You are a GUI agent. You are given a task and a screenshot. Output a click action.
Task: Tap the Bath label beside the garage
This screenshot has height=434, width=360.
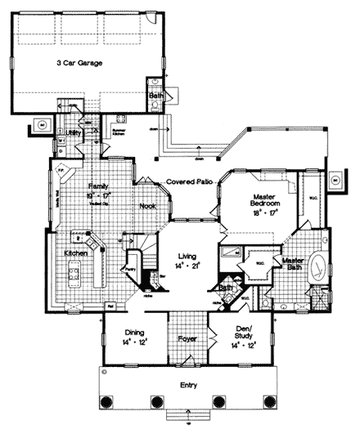click(x=155, y=96)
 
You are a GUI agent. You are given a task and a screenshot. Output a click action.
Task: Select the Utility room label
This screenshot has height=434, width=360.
click(x=73, y=132)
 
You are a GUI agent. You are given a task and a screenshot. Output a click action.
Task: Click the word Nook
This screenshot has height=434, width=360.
click(x=147, y=207)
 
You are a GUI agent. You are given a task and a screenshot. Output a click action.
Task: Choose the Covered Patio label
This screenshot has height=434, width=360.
click(x=190, y=181)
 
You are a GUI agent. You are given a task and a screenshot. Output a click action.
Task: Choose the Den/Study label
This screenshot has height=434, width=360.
click(x=241, y=336)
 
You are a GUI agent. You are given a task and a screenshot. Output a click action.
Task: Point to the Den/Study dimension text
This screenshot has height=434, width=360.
click(x=241, y=347)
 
